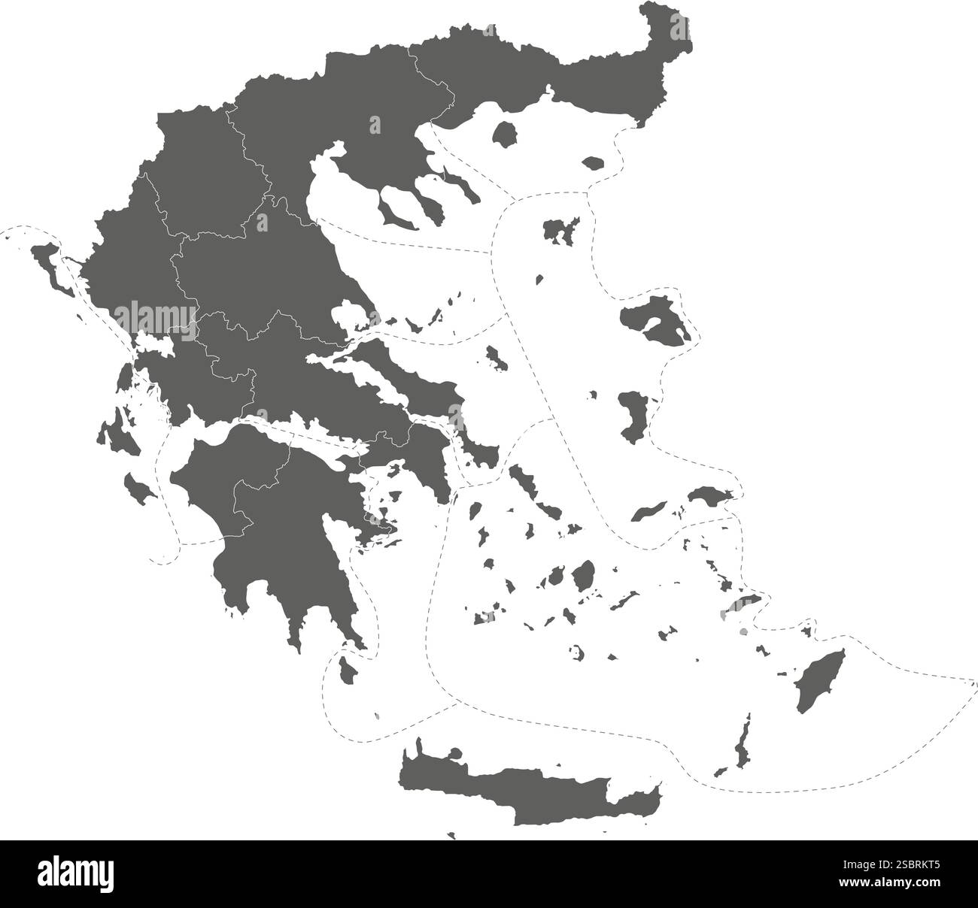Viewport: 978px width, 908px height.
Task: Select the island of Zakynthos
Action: pyautogui.click(x=138, y=489)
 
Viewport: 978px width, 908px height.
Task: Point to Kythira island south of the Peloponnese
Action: pyautogui.click(x=348, y=668)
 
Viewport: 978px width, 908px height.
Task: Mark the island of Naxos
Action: pyautogui.click(x=583, y=576)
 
